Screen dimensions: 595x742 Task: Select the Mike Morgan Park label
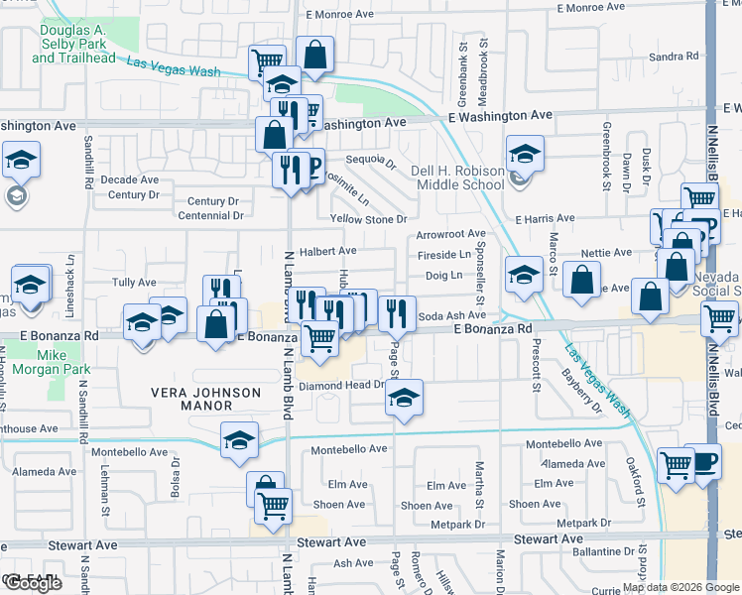(x=65, y=362)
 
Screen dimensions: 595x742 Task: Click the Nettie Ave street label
(x=614, y=253)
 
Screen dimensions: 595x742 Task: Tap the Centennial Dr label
(x=210, y=215)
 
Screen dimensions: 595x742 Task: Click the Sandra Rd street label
(x=674, y=57)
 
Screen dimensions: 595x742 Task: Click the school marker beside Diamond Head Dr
(x=403, y=398)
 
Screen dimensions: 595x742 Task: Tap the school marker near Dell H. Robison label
(x=525, y=155)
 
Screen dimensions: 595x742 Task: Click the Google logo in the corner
(x=32, y=583)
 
